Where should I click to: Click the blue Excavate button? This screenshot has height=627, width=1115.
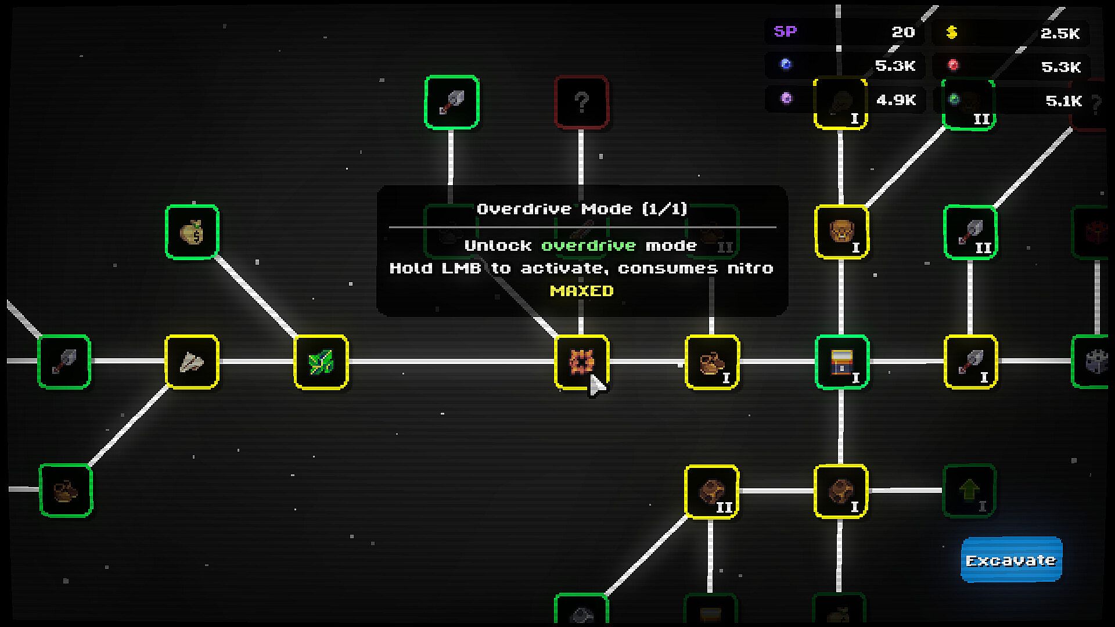tap(1011, 560)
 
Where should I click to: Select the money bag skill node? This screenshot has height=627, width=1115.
tap(192, 232)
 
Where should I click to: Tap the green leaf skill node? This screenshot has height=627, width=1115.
tap(321, 362)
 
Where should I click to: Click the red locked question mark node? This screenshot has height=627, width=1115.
tap(581, 102)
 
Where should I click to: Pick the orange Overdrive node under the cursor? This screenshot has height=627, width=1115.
tap(581, 362)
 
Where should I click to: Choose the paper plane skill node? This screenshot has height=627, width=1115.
tap(192, 362)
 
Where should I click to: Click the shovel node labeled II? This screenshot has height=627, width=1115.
tap(970, 232)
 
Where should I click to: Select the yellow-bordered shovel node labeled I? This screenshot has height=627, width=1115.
tap(970, 362)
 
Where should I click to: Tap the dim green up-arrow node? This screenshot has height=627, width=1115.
tap(969, 491)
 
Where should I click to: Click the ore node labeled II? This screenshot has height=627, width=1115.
tap(711, 492)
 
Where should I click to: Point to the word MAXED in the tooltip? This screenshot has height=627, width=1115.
tap(582, 291)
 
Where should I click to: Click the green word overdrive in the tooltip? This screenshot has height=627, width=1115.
tap(588, 246)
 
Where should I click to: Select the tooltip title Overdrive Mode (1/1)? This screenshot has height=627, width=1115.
tap(582, 209)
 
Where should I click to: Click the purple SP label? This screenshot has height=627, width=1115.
tap(785, 31)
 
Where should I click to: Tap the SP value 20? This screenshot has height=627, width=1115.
tap(903, 32)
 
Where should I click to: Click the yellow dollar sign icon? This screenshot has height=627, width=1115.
tap(951, 33)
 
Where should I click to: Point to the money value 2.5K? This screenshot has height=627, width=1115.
tap(1060, 33)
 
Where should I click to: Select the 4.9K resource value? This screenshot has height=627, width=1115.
tap(896, 100)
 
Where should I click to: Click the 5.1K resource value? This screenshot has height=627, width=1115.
tap(1064, 100)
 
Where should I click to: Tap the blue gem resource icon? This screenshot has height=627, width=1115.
tap(786, 64)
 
